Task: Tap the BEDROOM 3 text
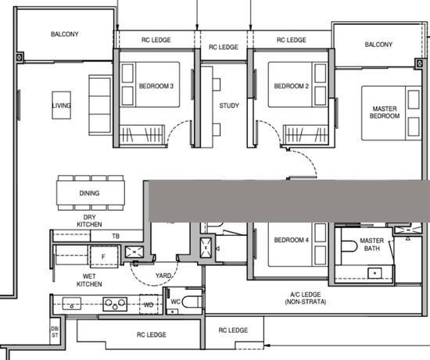tap(156, 86)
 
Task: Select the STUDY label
tap(229, 105)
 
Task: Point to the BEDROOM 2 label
tap(288, 86)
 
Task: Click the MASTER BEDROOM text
tap(385, 112)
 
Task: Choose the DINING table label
tap(90, 193)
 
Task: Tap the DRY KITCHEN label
tap(89, 221)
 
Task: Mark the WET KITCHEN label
tap(89, 280)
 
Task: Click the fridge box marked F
tap(102, 257)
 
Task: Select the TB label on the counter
tap(116, 236)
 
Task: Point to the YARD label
tap(163, 275)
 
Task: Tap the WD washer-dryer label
tap(149, 305)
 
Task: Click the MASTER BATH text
tap(371, 244)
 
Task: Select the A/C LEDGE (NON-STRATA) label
tap(307, 298)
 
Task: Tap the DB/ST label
tap(55, 332)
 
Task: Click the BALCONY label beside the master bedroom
tap(378, 45)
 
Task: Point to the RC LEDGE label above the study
tap(224, 48)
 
